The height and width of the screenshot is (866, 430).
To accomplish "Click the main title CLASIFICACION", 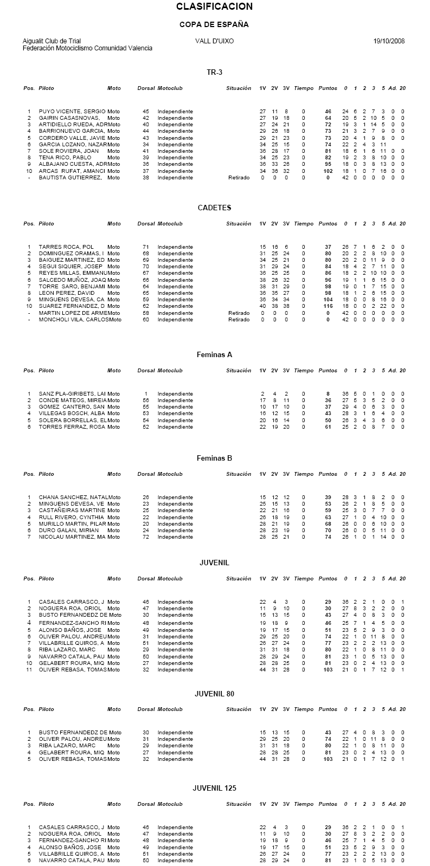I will tap(214, 7).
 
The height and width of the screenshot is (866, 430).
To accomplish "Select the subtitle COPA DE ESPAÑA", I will tap(214, 25).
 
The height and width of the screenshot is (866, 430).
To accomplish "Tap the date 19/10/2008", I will tap(389, 41).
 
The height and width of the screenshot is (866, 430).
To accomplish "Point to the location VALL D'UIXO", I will tap(214, 41).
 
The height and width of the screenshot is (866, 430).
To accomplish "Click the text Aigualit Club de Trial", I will tap(52, 41).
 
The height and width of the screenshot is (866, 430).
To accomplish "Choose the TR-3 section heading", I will tap(214, 73).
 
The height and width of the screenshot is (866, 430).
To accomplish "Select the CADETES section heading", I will tap(214, 208).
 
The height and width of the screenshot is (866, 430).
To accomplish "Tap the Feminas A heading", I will tap(214, 355).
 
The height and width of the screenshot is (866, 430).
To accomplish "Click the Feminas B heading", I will tap(214, 458).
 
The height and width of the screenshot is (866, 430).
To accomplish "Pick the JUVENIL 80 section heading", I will tap(214, 694).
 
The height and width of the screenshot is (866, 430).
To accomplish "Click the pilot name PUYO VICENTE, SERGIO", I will tap(72, 111).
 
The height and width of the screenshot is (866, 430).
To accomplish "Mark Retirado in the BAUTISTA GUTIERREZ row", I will tap(239, 178).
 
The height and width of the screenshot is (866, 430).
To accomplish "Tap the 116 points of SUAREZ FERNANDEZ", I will tap(328, 306).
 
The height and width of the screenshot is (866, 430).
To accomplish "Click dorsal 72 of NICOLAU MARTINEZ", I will tap(146, 537).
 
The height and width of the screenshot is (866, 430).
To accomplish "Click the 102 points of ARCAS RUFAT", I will tap(328, 171).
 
